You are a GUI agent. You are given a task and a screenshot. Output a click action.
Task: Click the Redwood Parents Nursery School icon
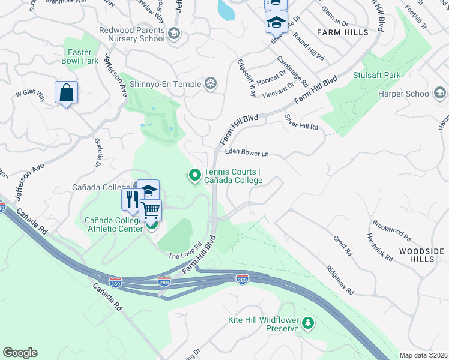click(x=175, y=34)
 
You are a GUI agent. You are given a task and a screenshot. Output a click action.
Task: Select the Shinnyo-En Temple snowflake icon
click(x=211, y=83)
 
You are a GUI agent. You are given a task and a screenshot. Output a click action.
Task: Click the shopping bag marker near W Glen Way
click(x=66, y=93)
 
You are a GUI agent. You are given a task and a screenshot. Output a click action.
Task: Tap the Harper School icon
click(x=439, y=93)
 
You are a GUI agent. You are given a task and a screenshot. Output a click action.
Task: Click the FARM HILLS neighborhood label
click(x=344, y=32)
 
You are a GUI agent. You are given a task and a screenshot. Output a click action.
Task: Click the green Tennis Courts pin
click(x=194, y=175)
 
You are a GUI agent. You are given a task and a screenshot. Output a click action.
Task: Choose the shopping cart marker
click(x=151, y=210)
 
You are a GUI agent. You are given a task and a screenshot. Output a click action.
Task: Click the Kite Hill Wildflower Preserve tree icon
click(x=308, y=324)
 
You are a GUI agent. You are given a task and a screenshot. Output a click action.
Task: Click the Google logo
click(x=20, y=353)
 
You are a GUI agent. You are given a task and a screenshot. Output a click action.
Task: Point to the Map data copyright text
click(x=423, y=355)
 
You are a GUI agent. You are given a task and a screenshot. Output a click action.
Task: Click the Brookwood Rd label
click(x=391, y=229)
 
